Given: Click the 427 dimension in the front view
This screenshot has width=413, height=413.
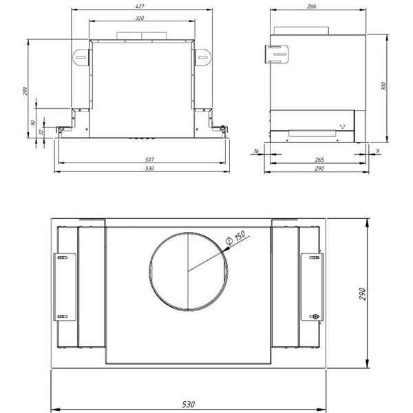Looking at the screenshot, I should pyautogui.click(x=140, y=6).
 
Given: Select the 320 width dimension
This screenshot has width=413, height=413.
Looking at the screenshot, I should pyautogui.click(x=140, y=18).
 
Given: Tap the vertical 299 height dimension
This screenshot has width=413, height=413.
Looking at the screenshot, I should pyautogui.click(x=24, y=92).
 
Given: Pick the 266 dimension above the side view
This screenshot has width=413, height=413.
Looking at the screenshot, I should pyautogui.click(x=312, y=6).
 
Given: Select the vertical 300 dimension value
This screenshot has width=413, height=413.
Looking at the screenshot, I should pyautogui.click(x=383, y=86).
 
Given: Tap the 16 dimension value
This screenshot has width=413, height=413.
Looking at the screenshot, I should pyautogui.click(x=256, y=150).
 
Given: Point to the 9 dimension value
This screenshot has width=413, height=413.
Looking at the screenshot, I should pyautogui.click(x=378, y=150).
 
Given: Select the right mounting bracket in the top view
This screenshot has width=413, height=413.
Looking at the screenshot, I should pyautogui.click(x=311, y=286).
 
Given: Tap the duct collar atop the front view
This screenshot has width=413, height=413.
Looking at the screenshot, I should pyautogui.click(x=142, y=34).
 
